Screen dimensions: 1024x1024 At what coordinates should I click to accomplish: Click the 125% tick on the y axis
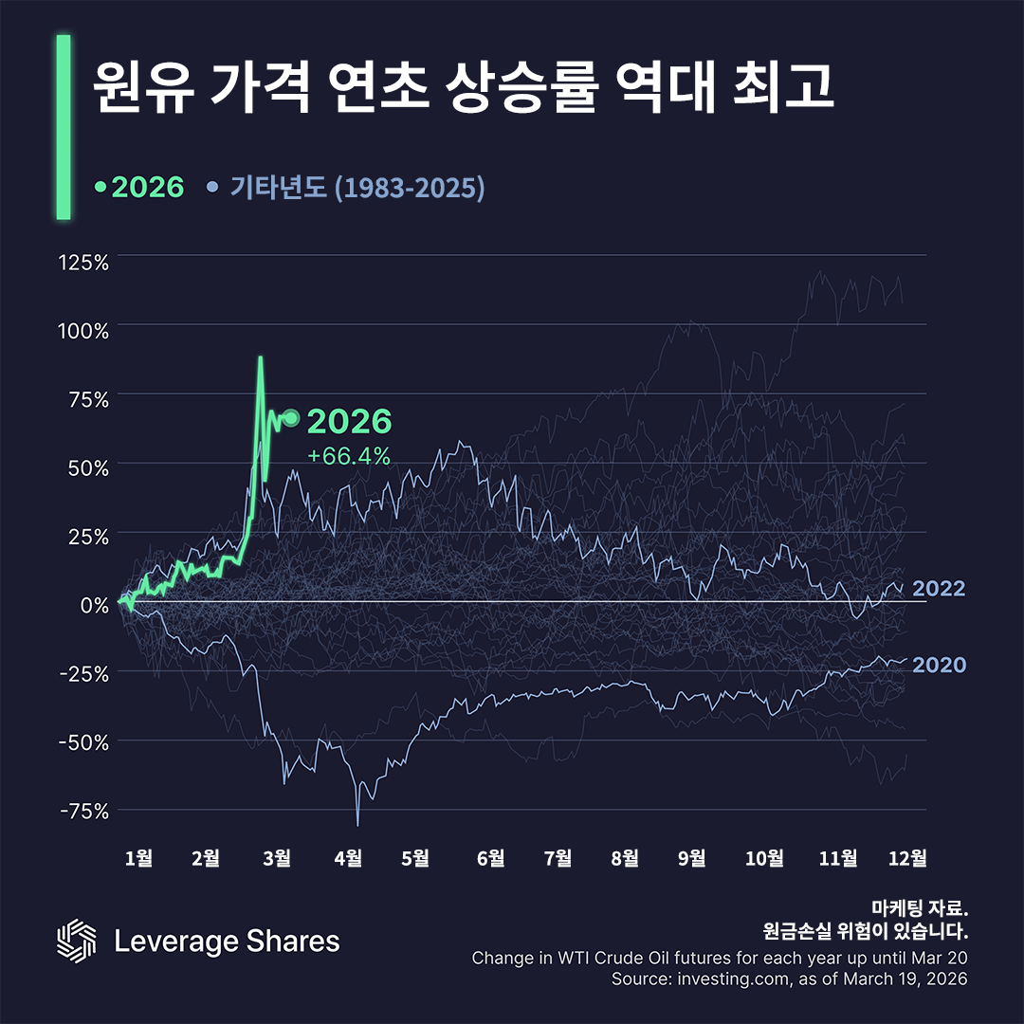(83, 262)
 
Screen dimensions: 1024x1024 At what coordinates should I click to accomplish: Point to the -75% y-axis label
(83, 811)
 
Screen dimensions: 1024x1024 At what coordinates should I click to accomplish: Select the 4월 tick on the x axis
(348, 858)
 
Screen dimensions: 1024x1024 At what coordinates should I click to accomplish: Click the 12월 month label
(907, 858)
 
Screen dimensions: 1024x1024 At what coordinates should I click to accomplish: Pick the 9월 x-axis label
(692, 858)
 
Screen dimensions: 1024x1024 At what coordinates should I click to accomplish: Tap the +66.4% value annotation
(349, 456)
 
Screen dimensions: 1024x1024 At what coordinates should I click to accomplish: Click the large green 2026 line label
(349, 422)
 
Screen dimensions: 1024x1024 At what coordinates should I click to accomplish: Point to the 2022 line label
(939, 589)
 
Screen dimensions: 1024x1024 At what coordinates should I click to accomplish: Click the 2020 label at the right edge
(939, 666)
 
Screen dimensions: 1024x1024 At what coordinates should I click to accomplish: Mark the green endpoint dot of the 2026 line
(291, 418)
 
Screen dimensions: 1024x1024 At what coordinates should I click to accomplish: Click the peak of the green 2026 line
(261, 357)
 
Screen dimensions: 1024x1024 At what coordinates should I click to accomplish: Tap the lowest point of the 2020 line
(357, 824)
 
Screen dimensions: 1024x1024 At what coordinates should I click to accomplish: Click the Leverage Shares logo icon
(77, 941)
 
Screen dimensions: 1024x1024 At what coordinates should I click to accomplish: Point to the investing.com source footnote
(789, 978)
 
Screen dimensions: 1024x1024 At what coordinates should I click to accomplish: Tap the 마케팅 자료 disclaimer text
(918, 907)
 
